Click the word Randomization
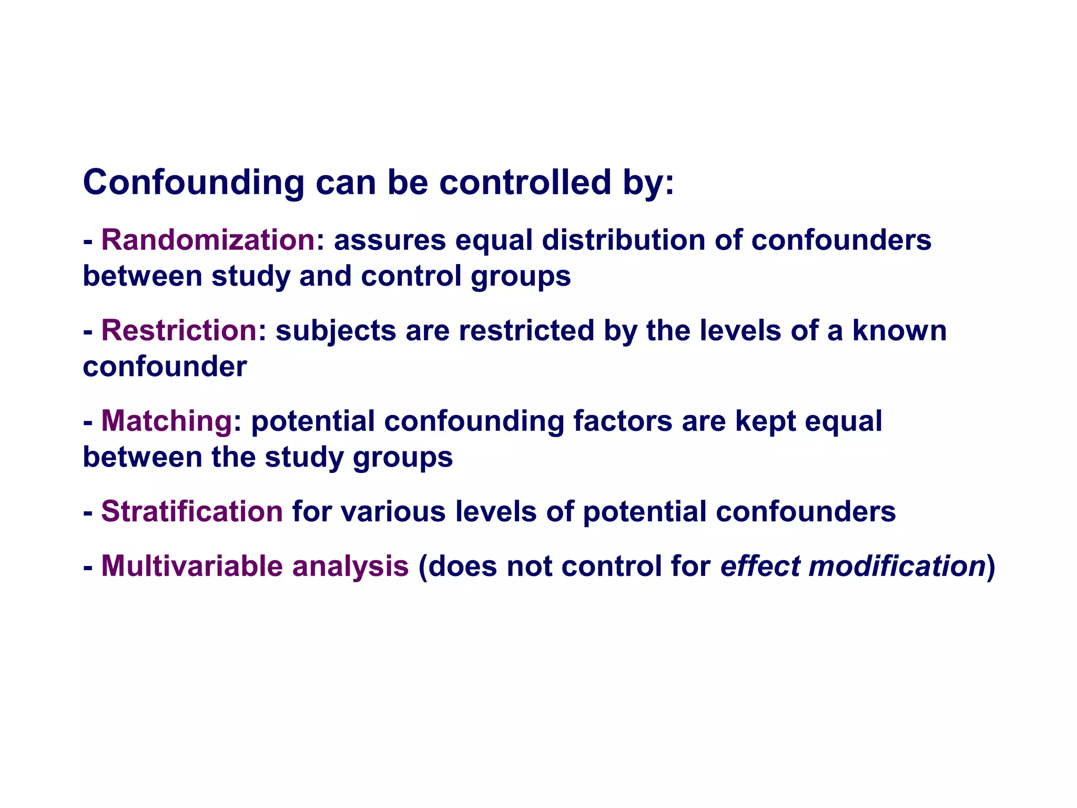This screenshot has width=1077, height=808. pyautogui.click(x=208, y=240)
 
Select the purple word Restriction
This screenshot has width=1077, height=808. pyautogui.click(x=179, y=331)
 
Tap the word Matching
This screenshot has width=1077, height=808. pyautogui.click(x=167, y=421)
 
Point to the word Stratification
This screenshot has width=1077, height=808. pyautogui.click(x=192, y=512)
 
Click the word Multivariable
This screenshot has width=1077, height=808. pyautogui.click(x=192, y=567)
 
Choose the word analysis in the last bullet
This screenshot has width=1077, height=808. pyautogui.click(x=350, y=567)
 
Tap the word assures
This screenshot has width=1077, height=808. pyautogui.click(x=390, y=240)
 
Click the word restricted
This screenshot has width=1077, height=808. pyautogui.click(x=526, y=331)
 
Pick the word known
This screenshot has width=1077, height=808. pyautogui.click(x=899, y=331)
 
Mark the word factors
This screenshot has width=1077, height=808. pyautogui.click(x=623, y=421)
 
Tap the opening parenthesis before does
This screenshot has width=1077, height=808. pyautogui.click(x=422, y=567)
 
